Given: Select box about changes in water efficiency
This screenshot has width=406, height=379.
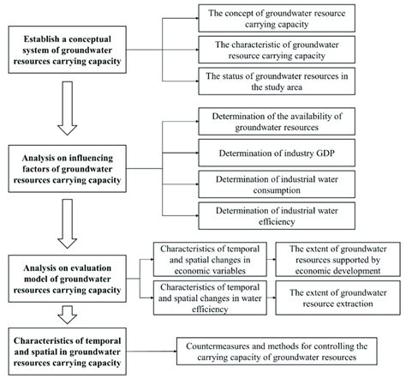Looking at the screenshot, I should tap(206, 295).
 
